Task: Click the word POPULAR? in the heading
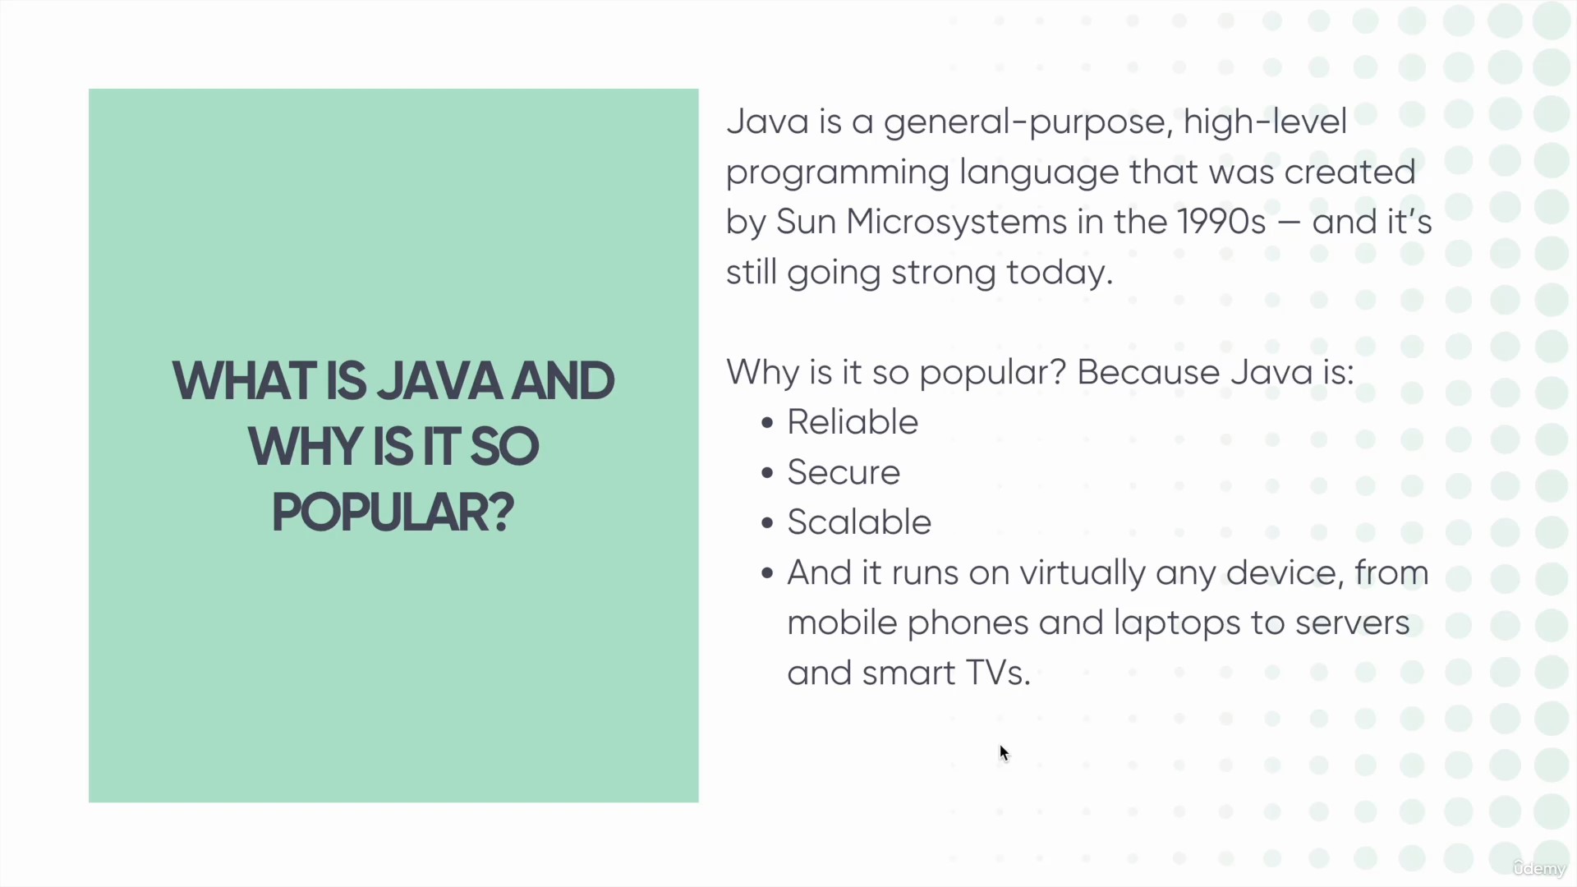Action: (393, 512)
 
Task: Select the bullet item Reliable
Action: (853, 422)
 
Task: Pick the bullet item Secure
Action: (844, 472)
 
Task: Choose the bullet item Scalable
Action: (859, 522)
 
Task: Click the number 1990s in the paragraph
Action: (1221, 222)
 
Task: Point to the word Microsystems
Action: (956, 223)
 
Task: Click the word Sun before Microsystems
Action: (806, 222)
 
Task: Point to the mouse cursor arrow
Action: (1004, 753)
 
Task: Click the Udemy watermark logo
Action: (1539, 868)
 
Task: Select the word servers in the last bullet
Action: (1352, 623)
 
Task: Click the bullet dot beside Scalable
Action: (767, 523)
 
